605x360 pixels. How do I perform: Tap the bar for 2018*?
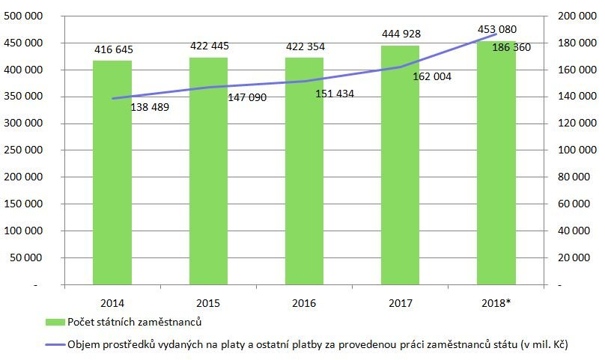click(x=496, y=172)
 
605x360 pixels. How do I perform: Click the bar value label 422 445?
click(x=209, y=46)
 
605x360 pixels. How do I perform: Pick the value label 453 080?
click(x=496, y=29)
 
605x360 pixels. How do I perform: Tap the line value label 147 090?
click(x=246, y=97)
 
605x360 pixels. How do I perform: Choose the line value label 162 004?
click(x=432, y=76)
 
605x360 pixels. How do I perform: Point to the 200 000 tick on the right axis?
click(x=577, y=16)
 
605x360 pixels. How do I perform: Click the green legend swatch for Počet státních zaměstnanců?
click(x=55, y=323)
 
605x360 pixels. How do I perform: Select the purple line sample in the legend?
click(x=55, y=344)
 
